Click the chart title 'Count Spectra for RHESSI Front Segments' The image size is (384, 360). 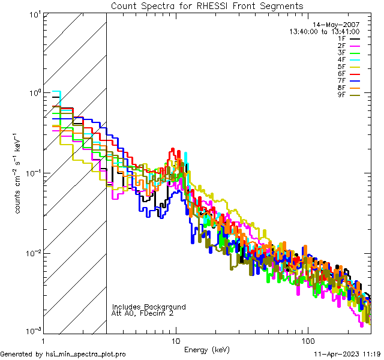tap(207, 6)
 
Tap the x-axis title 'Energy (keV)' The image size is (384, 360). tap(207, 350)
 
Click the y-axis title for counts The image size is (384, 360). tap(19, 172)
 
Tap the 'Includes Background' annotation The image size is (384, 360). tap(149, 307)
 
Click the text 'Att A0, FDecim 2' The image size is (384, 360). tap(143, 313)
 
